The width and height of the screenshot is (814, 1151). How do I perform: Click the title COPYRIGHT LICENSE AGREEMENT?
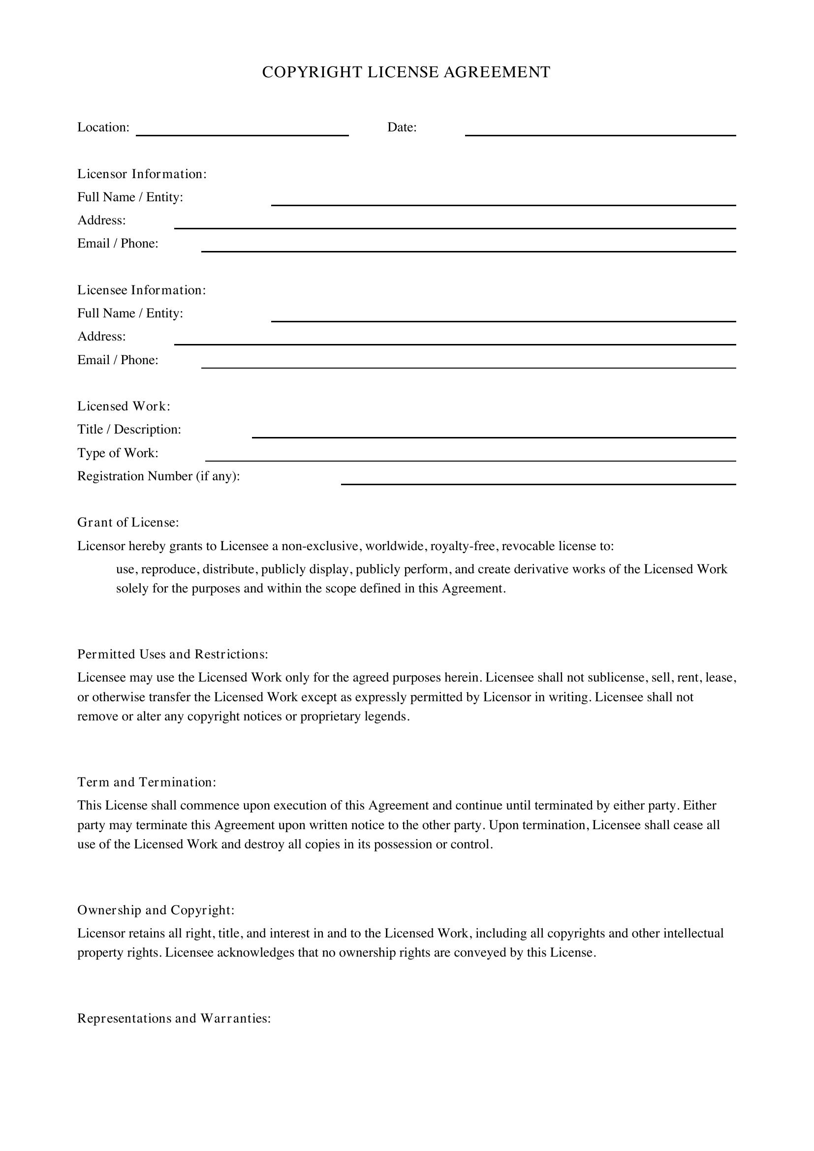[406, 72]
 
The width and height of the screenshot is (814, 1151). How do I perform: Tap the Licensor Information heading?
[142, 174]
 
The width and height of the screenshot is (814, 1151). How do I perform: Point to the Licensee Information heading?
[141, 290]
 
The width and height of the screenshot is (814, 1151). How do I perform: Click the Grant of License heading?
[128, 523]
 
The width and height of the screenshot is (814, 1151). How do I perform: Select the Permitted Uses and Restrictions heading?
[172, 654]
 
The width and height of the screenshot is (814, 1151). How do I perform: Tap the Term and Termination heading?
[146, 782]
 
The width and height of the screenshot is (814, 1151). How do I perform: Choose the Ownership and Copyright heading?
[156, 910]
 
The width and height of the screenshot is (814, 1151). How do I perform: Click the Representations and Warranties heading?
[174, 1018]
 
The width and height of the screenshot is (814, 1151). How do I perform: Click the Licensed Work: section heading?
[124, 406]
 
